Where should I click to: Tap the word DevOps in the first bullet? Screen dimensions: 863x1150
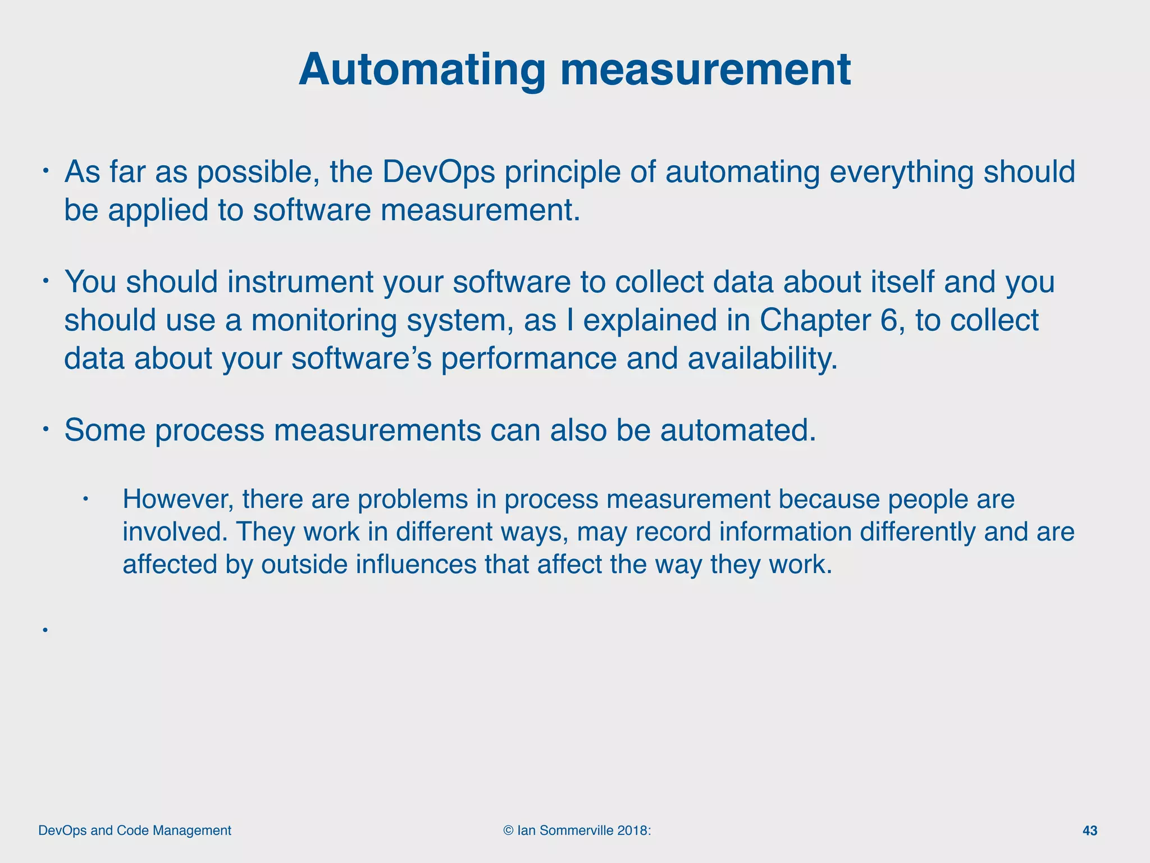coord(439,172)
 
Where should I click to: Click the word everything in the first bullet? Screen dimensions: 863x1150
coord(901,172)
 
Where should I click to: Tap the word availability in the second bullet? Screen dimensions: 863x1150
coord(763,358)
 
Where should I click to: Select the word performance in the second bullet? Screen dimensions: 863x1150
coord(528,358)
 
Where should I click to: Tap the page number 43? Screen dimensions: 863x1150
coord(1089,831)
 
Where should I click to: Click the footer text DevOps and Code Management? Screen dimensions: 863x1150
coord(135,831)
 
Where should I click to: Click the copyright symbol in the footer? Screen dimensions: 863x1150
coord(509,831)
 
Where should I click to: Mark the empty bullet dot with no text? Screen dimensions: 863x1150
coord(44,630)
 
